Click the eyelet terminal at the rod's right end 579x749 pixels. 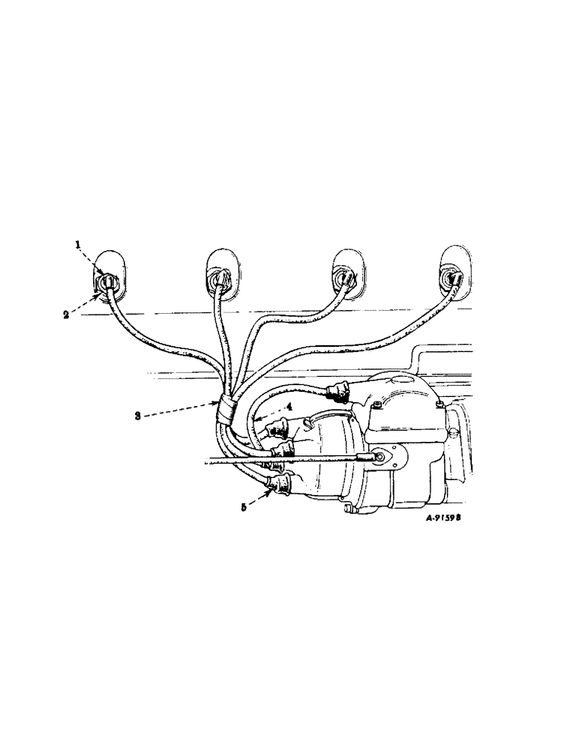(381, 455)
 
